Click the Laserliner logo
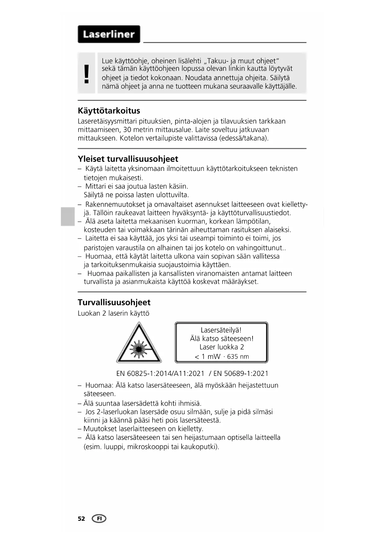(109, 34)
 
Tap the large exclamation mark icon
(87, 74)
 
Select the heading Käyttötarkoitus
(109, 111)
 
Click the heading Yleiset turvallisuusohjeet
(128, 159)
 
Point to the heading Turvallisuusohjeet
(114, 302)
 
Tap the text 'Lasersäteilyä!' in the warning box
(221, 330)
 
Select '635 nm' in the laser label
(238, 357)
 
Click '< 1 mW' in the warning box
(207, 357)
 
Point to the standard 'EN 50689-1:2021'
(241, 373)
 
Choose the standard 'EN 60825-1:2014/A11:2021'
(160, 373)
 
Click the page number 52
(81, 519)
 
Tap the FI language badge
(99, 519)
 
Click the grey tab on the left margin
(68, 217)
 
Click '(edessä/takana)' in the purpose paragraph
(244, 138)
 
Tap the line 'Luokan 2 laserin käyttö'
(114, 313)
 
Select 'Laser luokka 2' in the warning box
(222, 347)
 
